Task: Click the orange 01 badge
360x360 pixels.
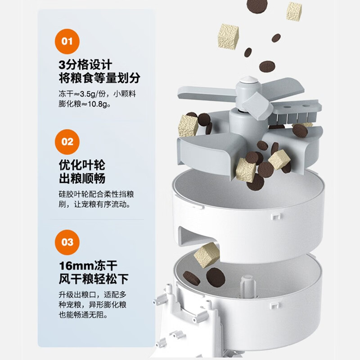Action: click(67, 41)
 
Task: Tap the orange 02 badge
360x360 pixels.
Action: click(67, 142)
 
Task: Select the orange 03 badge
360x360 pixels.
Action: click(67, 242)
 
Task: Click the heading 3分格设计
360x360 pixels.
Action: click(85, 65)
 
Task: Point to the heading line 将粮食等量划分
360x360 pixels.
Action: click(99, 78)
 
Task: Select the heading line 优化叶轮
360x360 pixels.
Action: click(82, 165)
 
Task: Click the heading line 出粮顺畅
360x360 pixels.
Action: click(82, 178)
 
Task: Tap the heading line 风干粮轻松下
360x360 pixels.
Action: click(94, 279)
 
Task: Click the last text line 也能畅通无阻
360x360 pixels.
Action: click(83, 315)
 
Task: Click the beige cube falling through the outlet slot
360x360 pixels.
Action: click(207, 255)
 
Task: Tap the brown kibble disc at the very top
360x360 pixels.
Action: click(257, 6)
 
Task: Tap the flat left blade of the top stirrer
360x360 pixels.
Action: click(207, 93)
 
